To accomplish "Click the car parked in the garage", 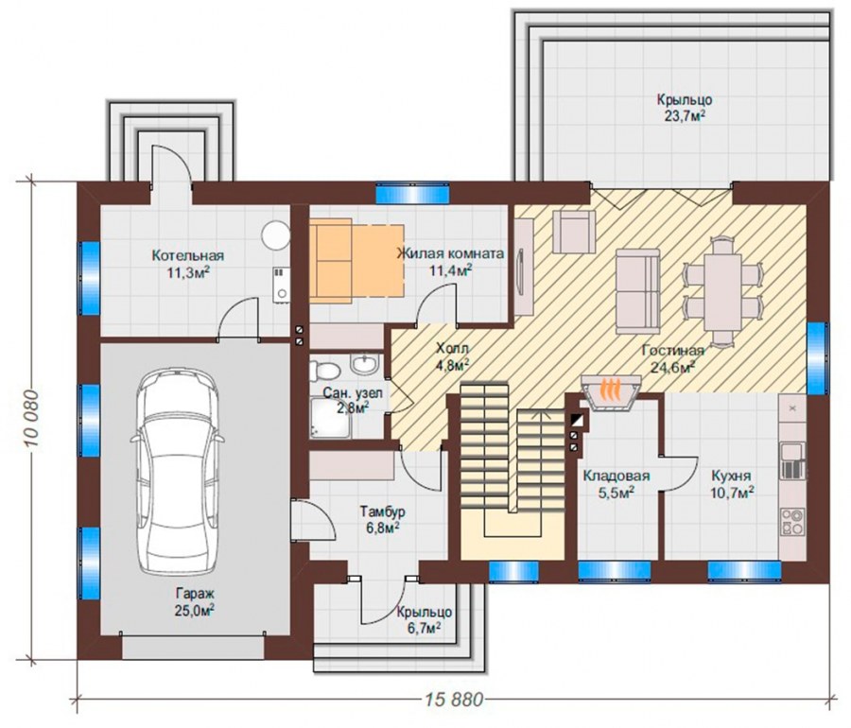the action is [178, 471].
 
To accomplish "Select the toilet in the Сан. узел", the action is [324, 371].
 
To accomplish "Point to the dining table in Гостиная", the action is [722, 291].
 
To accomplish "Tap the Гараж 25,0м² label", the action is [194, 601].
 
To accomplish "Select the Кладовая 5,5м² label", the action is [616, 484].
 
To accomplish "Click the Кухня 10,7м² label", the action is [732, 484].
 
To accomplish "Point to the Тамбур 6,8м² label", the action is [383, 519].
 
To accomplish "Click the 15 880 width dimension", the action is [454, 700].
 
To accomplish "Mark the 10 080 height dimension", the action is [31, 418].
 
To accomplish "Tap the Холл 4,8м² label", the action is [452, 356].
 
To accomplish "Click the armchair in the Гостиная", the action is [574, 232].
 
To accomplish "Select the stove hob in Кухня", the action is [792, 521].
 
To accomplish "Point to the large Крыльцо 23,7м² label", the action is [685, 108].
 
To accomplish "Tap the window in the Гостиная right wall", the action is [817, 358].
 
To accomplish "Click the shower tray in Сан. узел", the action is [331, 417].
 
